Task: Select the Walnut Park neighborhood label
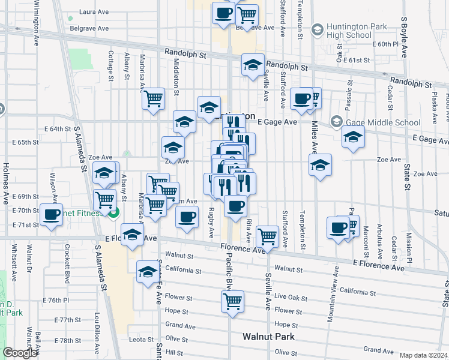[268, 337]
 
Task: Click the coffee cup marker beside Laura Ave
[223, 13]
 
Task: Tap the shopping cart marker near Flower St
[232, 302]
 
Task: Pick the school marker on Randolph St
[253, 65]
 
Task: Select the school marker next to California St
[148, 272]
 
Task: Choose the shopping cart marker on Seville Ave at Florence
[267, 235]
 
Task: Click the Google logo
[21, 353]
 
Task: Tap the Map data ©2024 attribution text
[423, 355]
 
